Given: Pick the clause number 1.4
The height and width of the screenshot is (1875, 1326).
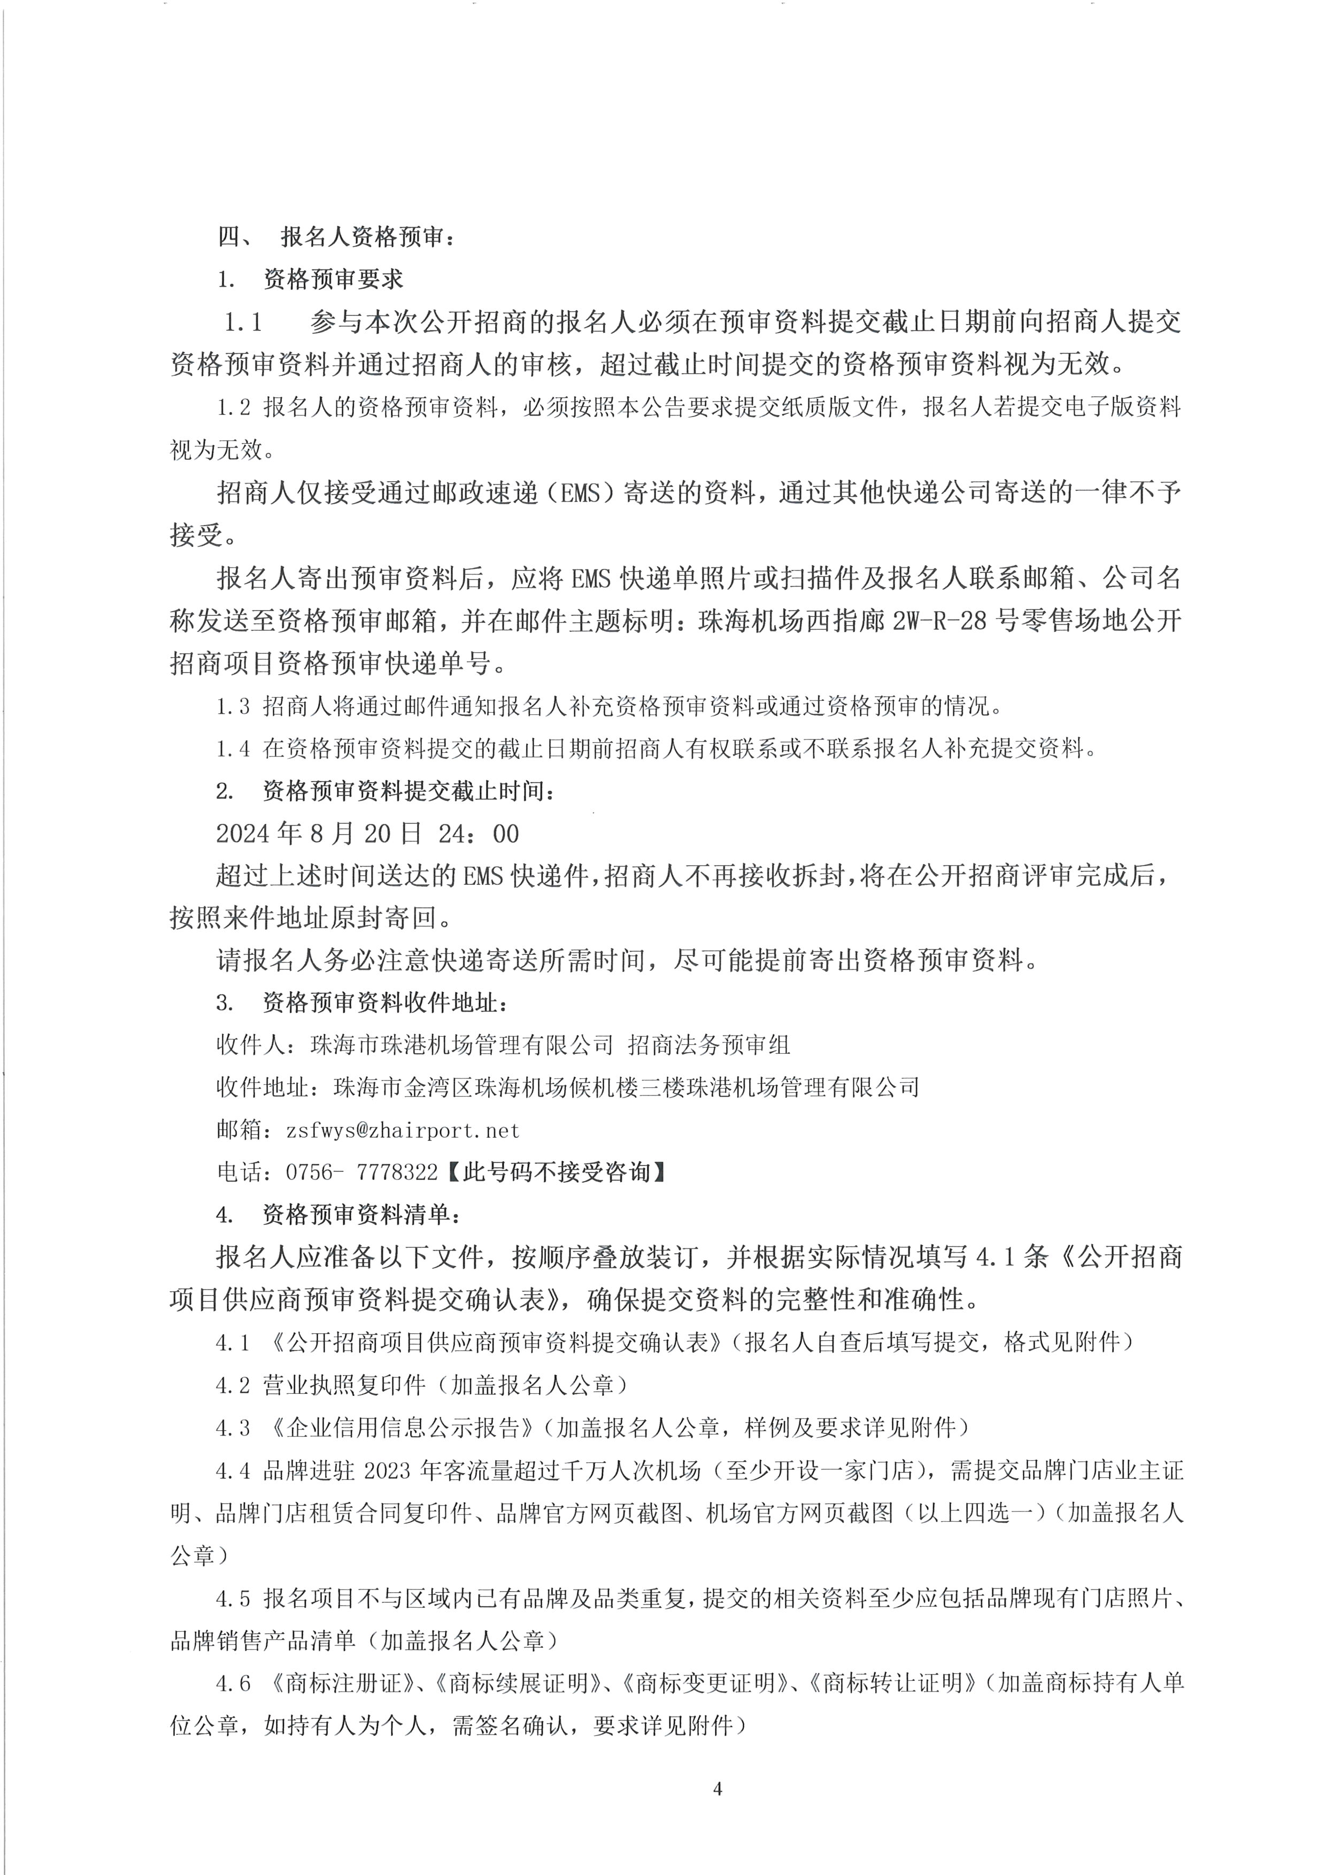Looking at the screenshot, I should click(233, 748).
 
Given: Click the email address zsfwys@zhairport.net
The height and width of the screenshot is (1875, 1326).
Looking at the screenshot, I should click(403, 1130).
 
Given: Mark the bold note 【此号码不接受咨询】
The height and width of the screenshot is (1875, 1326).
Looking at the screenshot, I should click(556, 1172).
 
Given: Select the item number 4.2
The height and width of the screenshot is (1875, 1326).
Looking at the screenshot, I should click(233, 1385).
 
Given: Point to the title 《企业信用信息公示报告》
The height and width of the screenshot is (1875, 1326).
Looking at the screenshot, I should click(403, 1428).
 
